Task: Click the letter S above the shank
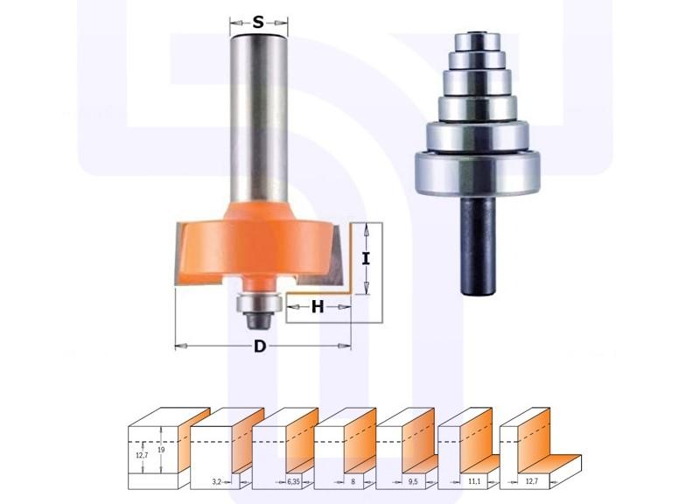coord(258,22)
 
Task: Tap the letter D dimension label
coord(260,346)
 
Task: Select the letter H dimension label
coord(318,306)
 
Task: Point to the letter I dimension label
coord(366,258)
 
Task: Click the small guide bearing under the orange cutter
coord(258,303)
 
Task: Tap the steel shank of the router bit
coord(259,121)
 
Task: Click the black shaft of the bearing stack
coord(477,245)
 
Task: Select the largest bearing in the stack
coord(477,174)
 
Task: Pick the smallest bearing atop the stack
coord(477,40)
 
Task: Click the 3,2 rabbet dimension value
coord(216,481)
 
